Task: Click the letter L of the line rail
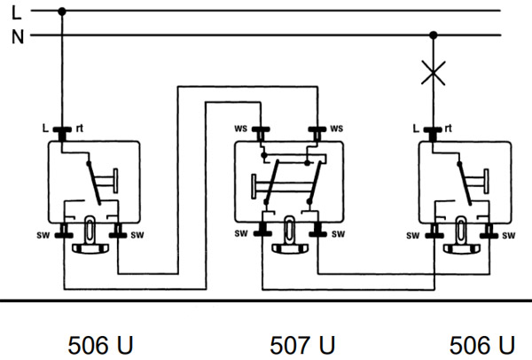point(16,13)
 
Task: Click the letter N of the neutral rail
point(18,36)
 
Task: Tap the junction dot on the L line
point(62,12)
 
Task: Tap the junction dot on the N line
point(434,35)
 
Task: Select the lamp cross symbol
point(434,73)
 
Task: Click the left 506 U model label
point(100,346)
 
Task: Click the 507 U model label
point(302,346)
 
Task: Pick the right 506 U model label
point(482,346)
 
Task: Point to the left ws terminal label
point(240,129)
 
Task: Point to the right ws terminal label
point(337,129)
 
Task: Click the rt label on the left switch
point(80,129)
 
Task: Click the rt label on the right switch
point(448,129)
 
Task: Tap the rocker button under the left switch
point(90,248)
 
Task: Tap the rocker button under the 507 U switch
point(290,248)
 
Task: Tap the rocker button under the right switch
point(461,249)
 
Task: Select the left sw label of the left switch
point(43,235)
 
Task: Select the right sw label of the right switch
point(509,236)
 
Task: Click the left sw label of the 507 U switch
point(241,233)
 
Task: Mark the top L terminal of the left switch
point(62,134)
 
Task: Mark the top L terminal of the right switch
point(433,134)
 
